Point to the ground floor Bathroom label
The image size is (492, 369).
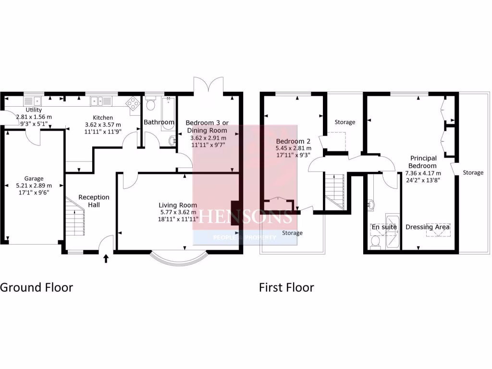click(159, 122)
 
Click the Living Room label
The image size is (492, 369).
click(179, 206)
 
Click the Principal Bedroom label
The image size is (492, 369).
click(423, 161)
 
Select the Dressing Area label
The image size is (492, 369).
click(427, 227)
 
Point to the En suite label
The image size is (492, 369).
click(383, 227)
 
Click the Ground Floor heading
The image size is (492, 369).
click(37, 287)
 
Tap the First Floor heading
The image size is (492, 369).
click(286, 287)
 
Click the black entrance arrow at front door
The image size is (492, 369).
click(106, 259)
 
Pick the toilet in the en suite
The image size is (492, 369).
click(375, 242)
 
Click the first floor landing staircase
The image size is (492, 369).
click(335, 191)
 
